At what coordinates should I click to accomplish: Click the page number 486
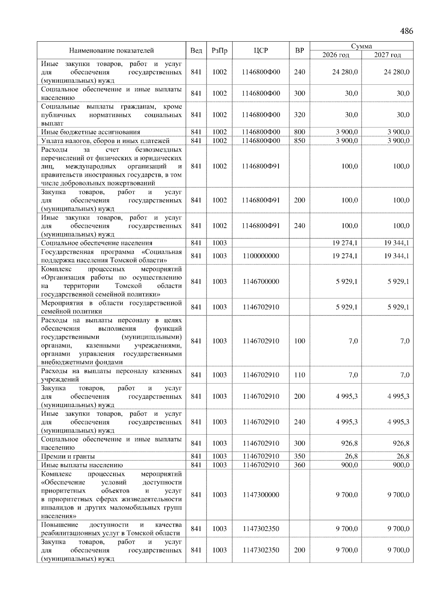pos(406,31)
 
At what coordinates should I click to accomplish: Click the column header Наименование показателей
pos(111,51)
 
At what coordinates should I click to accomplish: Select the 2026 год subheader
pos(336,55)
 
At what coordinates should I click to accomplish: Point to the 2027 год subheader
pos(387,55)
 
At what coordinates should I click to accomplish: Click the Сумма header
pos(361,46)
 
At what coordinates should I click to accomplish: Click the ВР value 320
pos(299,115)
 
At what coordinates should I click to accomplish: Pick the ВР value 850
pos(299,141)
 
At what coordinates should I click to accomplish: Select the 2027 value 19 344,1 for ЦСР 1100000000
pos(396,256)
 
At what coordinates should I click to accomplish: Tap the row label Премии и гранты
pos(68,456)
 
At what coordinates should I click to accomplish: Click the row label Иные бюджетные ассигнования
pos(90,132)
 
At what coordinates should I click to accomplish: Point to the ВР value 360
pos(299,465)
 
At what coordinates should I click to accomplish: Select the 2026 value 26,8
pos(351,456)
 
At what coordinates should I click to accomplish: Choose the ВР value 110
pos(299,375)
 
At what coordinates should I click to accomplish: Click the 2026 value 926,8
pos(349,443)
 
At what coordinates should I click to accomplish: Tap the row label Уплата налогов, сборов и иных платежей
pos(105,141)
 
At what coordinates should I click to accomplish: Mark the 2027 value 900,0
pos(400,465)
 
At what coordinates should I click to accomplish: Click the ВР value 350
pos(299,456)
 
